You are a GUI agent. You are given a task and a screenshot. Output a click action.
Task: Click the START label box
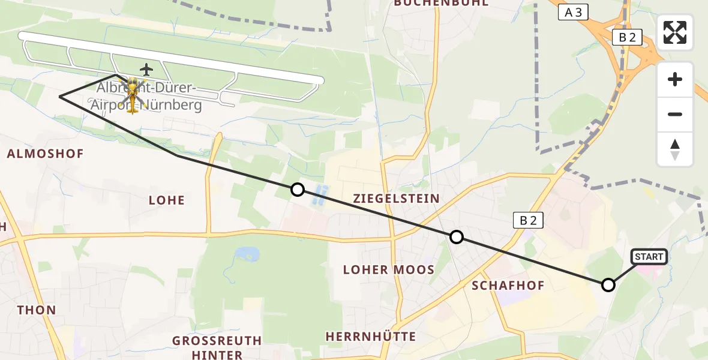click(x=649, y=257)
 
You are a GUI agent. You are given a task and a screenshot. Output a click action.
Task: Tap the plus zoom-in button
click(x=675, y=79)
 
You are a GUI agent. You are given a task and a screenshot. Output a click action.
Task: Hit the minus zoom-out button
click(x=675, y=114)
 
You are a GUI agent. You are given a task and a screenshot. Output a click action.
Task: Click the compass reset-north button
click(x=675, y=149)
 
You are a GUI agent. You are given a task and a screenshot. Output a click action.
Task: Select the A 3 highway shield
click(x=573, y=12)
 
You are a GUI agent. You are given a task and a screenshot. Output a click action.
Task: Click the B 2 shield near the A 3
click(x=627, y=38)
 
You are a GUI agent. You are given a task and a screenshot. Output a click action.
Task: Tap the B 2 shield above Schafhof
click(x=528, y=220)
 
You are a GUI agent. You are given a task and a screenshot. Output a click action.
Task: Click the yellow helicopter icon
click(x=133, y=92)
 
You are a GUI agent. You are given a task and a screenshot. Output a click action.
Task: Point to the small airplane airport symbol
click(x=146, y=70)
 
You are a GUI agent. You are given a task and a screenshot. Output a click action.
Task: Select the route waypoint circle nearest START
click(x=608, y=285)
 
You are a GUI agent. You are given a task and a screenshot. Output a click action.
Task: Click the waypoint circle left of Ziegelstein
click(x=297, y=190)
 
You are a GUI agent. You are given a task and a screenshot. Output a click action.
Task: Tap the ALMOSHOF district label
click(x=46, y=154)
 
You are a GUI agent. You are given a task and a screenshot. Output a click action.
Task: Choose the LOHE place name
click(x=167, y=200)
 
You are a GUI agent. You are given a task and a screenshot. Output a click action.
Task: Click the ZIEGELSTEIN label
click(x=397, y=199)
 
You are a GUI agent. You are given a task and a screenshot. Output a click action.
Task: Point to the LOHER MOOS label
click(x=388, y=270)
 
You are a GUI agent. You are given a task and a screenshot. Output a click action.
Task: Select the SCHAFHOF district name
click(x=508, y=286)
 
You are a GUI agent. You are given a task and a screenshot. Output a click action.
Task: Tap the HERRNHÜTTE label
click(x=371, y=337)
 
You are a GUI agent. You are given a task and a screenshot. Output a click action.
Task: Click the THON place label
click(x=37, y=311)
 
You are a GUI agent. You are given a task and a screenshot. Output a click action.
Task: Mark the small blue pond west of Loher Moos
click(x=247, y=254)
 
